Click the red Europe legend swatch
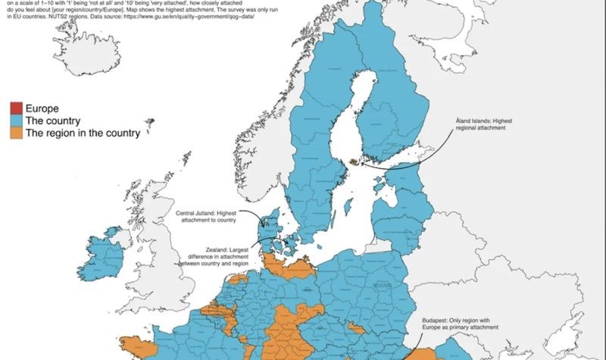pyautogui.click(x=15, y=108)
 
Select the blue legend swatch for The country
pyautogui.click(x=15, y=121)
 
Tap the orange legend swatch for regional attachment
pyautogui.click(x=15, y=133)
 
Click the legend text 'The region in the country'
pyautogui.click(x=83, y=133)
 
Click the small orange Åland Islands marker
pyautogui.click(x=353, y=161)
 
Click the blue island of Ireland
pyautogui.click(x=106, y=254)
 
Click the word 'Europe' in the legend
pyautogui.click(x=42, y=108)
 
